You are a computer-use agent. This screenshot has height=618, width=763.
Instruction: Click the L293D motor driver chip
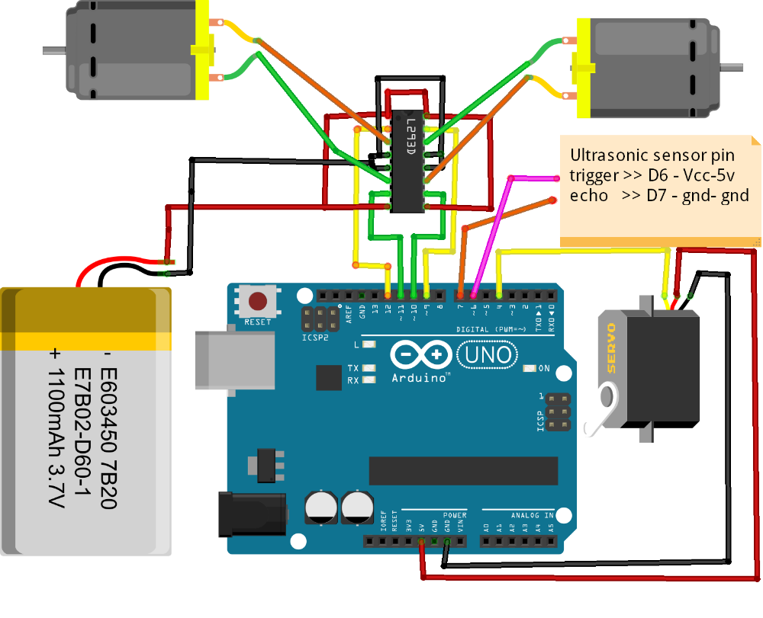click(x=407, y=160)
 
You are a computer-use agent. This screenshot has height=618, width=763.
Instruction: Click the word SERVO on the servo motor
click(x=611, y=347)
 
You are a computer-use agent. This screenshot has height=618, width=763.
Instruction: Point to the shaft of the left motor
click(x=53, y=51)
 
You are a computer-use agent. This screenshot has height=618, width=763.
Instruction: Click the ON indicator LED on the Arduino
click(x=529, y=369)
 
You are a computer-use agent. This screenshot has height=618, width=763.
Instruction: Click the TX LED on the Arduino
click(x=370, y=368)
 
